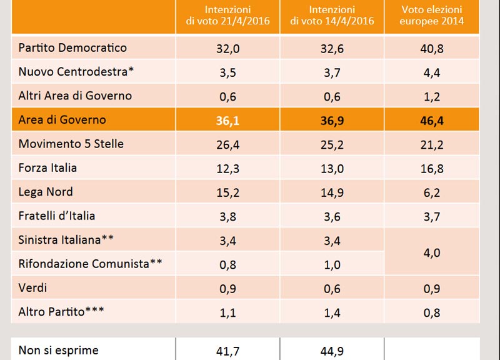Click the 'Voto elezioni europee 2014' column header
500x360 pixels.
(432, 15)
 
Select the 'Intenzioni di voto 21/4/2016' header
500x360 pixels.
(227, 15)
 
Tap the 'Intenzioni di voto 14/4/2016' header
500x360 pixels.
(332, 15)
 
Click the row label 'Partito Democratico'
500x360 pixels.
(72, 48)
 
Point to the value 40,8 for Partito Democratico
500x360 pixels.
(432, 49)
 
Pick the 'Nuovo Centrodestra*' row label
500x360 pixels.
(76, 72)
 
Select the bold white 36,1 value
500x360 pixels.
(227, 121)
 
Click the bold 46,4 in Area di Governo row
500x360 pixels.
(432, 121)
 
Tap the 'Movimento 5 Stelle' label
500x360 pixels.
(71, 144)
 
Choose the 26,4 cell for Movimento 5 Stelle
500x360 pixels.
(227, 145)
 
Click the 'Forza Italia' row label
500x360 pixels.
(48, 167)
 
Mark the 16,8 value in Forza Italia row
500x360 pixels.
(432, 169)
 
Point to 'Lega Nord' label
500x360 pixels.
(46, 192)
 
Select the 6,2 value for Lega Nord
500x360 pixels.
(432, 192)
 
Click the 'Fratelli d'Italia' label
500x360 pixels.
(57, 216)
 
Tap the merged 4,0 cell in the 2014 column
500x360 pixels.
(432, 253)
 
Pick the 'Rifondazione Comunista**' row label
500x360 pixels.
(90, 264)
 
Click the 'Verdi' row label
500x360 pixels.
(32, 287)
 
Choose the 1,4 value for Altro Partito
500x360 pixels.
(332, 312)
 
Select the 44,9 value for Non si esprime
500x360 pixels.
(332, 351)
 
